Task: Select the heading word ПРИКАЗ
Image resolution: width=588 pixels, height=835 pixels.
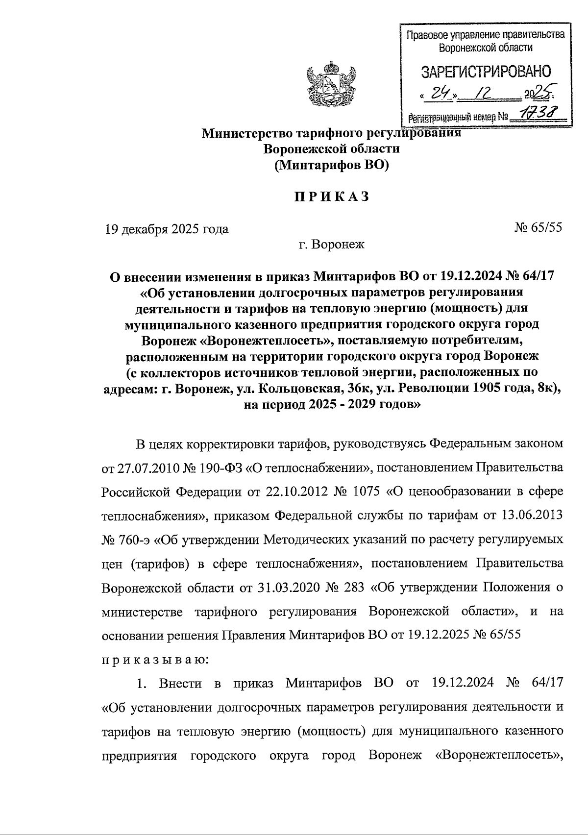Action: pos(331,197)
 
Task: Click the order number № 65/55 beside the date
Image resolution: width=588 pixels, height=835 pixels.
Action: pos(538,228)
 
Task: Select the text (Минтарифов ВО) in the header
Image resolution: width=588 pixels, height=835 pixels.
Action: pos(331,165)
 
